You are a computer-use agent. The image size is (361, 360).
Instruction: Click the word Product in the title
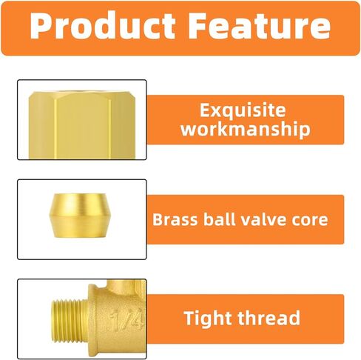(x=102, y=26)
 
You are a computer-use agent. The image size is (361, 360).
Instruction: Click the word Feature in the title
(x=260, y=26)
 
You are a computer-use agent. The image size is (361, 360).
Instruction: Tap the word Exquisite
(x=243, y=110)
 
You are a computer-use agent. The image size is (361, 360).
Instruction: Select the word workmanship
(x=246, y=129)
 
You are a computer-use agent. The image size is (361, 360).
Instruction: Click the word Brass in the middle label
(x=175, y=219)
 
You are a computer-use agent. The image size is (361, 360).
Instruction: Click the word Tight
(x=209, y=318)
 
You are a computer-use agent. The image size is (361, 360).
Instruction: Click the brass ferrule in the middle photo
(x=80, y=216)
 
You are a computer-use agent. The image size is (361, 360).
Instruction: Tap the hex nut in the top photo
(x=82, y=125)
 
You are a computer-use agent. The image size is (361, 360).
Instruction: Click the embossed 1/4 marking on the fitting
(x=126, y=320)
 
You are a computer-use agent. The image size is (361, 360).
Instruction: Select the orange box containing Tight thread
(x=246, y=319)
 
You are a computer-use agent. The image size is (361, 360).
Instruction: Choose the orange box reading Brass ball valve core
(x=246, y=219)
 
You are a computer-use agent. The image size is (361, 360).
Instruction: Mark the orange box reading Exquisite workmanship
(x=246, y=120)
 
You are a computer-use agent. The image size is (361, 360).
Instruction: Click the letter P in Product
(x=40, y=26)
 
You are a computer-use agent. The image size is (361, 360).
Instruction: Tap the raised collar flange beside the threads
(x=92, y=321)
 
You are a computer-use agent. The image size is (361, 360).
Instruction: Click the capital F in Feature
(x=198, y=26)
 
